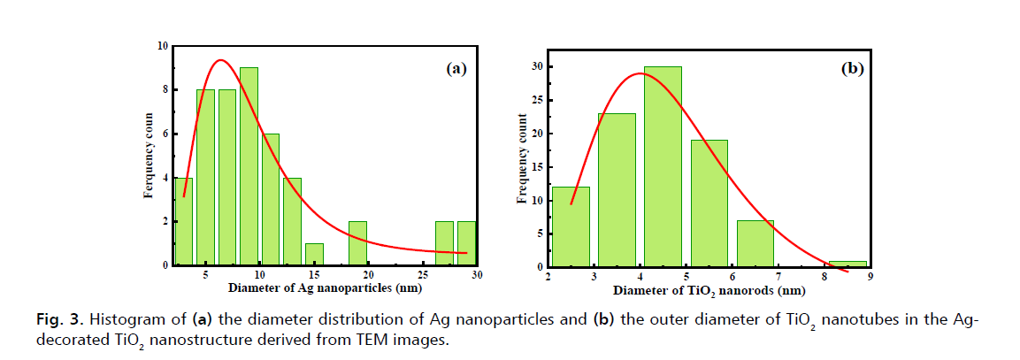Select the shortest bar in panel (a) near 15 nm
pos(314,254)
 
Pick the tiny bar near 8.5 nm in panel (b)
pos(847,264)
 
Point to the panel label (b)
pos(851,68)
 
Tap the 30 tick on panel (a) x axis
pos(477,275)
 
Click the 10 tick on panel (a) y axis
pos(163,46)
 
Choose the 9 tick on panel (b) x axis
pos(869,277)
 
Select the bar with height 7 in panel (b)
pos(755,243)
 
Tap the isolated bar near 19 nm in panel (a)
pos(357,243)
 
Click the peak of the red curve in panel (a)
pos(219,60)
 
